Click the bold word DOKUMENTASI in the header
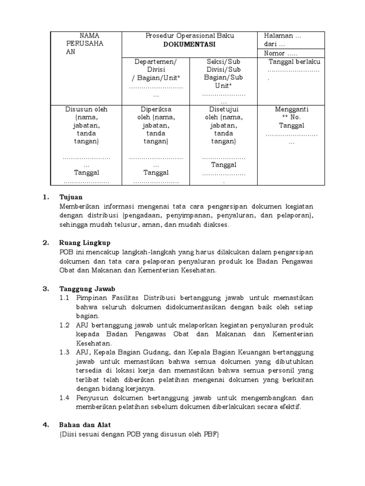point(190,44)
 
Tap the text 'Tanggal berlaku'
point(295,62)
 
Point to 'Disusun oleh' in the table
point(86,109)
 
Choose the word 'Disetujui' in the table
point(223,109)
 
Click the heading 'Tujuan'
point(71,197)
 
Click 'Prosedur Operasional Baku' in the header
point(190,36)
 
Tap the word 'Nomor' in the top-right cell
point(275,53)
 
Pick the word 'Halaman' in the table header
point(279,36)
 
